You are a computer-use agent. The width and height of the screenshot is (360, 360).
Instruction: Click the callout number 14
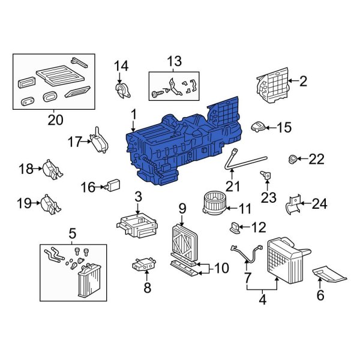(121, 66)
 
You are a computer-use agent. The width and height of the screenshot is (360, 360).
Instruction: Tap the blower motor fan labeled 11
(214, 203)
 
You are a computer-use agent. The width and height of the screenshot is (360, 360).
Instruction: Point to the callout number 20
(55, 120)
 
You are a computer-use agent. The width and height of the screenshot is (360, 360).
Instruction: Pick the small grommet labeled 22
(293, 159)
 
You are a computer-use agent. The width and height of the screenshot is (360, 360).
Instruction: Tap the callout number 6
(320, 295)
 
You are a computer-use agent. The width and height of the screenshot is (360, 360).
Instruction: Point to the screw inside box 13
(157, 93)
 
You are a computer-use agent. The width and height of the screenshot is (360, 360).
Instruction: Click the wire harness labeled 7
(247, 254)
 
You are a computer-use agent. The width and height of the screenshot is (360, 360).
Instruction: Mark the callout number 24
(319, 203)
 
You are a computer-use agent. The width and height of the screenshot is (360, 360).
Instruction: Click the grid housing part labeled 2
(272, 85)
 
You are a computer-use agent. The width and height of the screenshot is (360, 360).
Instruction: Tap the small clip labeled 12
(235, 227)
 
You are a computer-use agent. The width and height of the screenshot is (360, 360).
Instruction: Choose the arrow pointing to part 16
(100, 187)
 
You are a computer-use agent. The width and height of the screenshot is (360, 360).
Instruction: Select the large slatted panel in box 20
(61, 76)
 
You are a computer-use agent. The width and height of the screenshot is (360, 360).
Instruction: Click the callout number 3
(138, 197)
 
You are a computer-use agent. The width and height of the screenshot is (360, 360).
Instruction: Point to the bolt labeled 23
(266, 175)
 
